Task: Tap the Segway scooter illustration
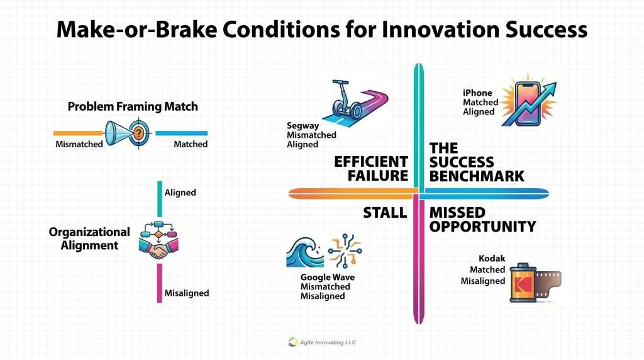point(347,99)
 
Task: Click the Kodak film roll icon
point(535,283)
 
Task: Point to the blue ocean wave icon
point(304,252)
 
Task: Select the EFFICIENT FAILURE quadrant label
point(371,169)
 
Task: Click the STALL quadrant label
point(385,213)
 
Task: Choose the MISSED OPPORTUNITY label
point(482,220)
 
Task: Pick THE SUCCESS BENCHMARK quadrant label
point(477,162)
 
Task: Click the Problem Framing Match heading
point(133,106)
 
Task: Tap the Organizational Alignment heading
point(89,239)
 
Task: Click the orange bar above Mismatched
point(78,133)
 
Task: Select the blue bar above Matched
point(182,133)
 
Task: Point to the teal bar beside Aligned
point(160,199)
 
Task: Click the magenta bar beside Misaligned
point(159,283)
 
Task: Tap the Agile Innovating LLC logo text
point(328,342)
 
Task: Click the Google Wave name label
point(327,278)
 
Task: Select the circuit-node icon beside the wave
point(345,250)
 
